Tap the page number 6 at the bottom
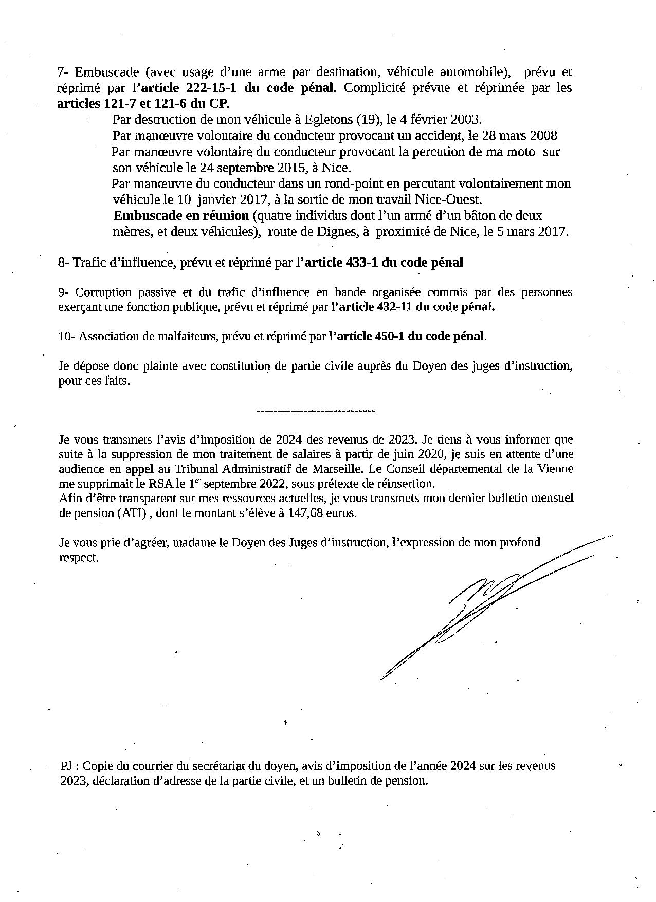click(x=318, y=833)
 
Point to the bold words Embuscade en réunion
click(x=181, y=215)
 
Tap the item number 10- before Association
click(x=67, y=337)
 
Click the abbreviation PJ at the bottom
click(x=65, y=766)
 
